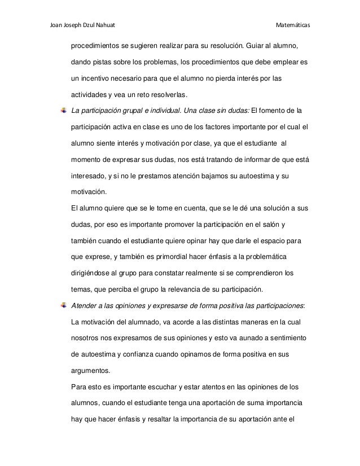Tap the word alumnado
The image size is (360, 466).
tap(144, 323)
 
